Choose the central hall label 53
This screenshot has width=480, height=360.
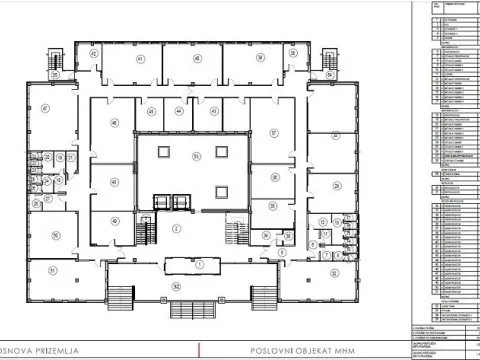pos(197,155)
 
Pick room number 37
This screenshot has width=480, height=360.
pos(273,131)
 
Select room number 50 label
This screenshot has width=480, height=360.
pos(56,235)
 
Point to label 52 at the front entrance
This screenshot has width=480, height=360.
pos(177,287)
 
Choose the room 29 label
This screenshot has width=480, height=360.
pos(337,187)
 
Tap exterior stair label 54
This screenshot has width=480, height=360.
pos(329,73)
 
